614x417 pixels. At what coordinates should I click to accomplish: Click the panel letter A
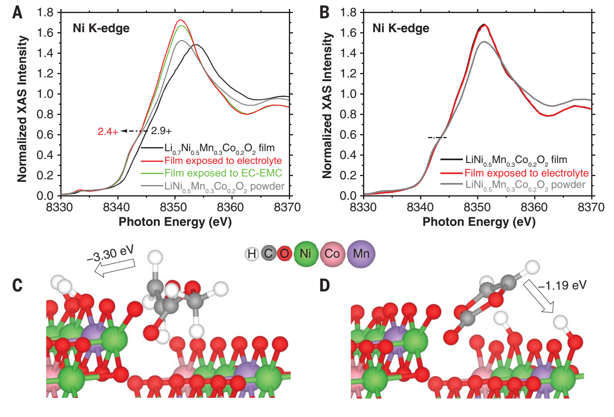pos(17,12)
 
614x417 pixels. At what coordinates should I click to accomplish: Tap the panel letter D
pos(324,285)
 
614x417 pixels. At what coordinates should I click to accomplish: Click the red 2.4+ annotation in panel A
pos(108,131)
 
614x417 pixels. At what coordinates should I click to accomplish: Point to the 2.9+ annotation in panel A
pos(161,131)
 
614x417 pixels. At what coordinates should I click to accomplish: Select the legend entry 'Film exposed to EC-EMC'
pos(223,173)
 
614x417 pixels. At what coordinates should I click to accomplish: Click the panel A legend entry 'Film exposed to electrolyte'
pos(223,161)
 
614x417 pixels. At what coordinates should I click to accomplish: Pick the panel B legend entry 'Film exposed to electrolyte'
pos(526,173)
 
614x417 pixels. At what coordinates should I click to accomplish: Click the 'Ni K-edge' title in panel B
pos(401,28)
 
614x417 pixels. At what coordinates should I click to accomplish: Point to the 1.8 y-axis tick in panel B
pos(348,13)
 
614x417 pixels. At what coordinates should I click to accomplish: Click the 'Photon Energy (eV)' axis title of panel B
pos(479,222)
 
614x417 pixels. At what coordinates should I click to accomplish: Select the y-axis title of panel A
pos(22,108)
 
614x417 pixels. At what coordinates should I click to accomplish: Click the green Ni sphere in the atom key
pos(305,254)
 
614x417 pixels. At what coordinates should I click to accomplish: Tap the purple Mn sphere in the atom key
pos(361,254)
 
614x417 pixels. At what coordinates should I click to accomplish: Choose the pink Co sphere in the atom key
pos(332,254)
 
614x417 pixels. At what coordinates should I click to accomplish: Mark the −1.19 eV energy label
pos(562,285)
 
